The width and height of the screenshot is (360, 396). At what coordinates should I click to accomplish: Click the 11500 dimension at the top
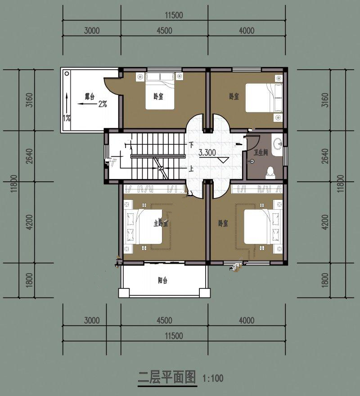pos(173,15)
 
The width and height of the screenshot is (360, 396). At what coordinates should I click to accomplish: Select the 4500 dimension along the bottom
pos(164,321)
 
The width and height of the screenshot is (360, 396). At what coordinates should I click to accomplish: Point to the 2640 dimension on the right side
pos(325,156)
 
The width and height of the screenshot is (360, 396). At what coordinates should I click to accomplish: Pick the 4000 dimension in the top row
pos(246,31)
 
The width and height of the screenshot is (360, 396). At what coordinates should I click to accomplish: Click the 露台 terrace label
pos(90,96)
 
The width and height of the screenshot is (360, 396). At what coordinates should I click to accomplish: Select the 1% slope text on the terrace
pos(67,118)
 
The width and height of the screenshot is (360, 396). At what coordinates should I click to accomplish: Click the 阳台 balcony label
pos(162,280)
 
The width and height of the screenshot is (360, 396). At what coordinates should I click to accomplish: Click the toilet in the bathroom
pos(270,171)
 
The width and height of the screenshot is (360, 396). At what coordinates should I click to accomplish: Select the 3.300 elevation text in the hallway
pos(207,153)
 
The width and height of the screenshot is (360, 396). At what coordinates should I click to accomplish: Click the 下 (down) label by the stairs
pos(191,145)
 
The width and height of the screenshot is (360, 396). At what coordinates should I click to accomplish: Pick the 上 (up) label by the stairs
pos(191,169)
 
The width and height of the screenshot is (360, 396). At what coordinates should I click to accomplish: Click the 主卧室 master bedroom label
pos(160,223)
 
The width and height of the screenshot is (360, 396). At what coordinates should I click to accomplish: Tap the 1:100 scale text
pos(213,378)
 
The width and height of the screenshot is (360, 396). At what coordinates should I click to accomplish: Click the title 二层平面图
pos(167,377)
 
